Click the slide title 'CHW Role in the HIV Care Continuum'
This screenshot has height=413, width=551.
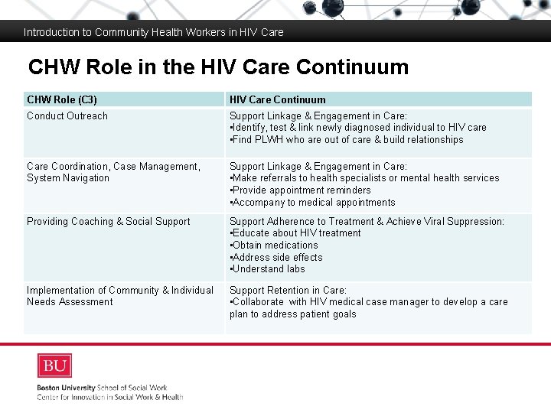[218, 67]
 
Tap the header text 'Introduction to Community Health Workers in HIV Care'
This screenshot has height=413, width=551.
[154, 32]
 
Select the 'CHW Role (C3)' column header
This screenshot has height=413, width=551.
[62, 99]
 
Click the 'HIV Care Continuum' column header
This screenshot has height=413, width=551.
[277, 99]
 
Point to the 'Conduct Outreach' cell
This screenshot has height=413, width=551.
[67, 116]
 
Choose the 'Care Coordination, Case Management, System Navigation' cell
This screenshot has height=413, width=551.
[113, 172]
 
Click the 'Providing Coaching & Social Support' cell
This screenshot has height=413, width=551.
[109, 222]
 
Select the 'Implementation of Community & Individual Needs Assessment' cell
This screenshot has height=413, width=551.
[120, 296]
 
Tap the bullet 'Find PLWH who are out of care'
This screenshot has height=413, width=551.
[347, 140]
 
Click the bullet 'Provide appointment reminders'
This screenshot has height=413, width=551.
[301, 190]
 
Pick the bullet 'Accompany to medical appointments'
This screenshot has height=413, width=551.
[313, 203]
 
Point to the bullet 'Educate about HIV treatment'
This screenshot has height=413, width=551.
[295, 233]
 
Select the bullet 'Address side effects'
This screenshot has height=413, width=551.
[277, 258]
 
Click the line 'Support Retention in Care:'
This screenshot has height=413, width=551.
[288, 291]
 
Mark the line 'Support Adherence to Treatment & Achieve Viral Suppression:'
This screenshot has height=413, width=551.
[367, 222]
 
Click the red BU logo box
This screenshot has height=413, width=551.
[54, 366]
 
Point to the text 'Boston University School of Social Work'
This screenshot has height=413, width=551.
[102, 388]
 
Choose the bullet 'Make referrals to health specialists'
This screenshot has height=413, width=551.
[364, 178]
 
